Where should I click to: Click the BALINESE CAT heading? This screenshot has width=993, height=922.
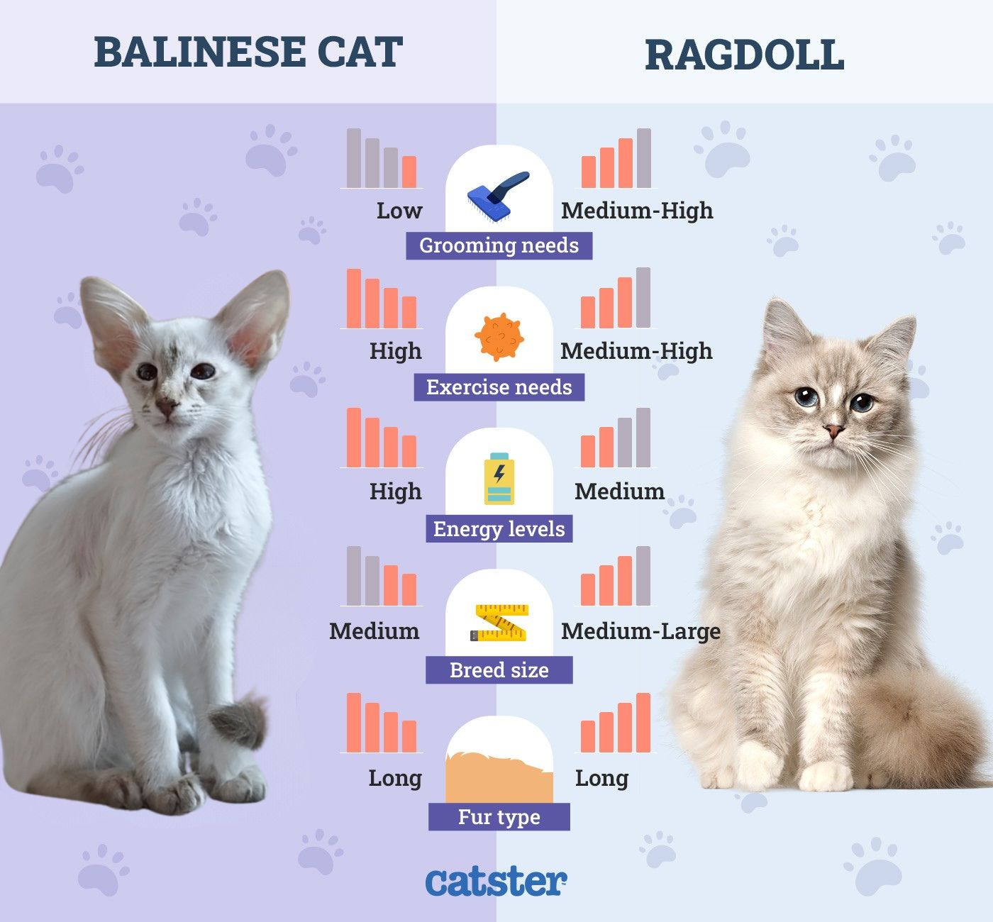(x=248, y=52)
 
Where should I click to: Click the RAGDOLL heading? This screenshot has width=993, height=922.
(x=744, y=55)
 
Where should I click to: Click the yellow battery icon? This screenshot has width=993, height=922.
(x=499, y=479)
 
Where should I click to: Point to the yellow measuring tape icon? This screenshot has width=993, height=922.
(x=499, y=623)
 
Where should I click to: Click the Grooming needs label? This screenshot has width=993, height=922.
(x=499, y=245)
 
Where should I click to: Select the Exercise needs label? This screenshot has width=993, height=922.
(x=499, y=387)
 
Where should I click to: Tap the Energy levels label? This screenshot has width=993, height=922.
(x=499, y=529)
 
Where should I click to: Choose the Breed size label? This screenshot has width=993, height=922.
(x=499, y=670)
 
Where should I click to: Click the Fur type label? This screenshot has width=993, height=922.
(x=499, y=817)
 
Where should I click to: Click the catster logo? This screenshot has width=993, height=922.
(x=496, y=882)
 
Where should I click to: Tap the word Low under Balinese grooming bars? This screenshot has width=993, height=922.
(x=399, y=211)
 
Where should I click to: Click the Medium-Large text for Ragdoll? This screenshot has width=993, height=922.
(x=640, y=631)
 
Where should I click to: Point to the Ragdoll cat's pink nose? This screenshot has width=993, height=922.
(x=833, y=431)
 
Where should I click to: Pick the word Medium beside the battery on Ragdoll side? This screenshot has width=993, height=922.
(x=619, y=491)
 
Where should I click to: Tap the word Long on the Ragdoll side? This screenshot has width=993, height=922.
(x=601, y=778)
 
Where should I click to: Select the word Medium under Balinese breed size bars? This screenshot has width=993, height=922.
(x=374, y=631)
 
